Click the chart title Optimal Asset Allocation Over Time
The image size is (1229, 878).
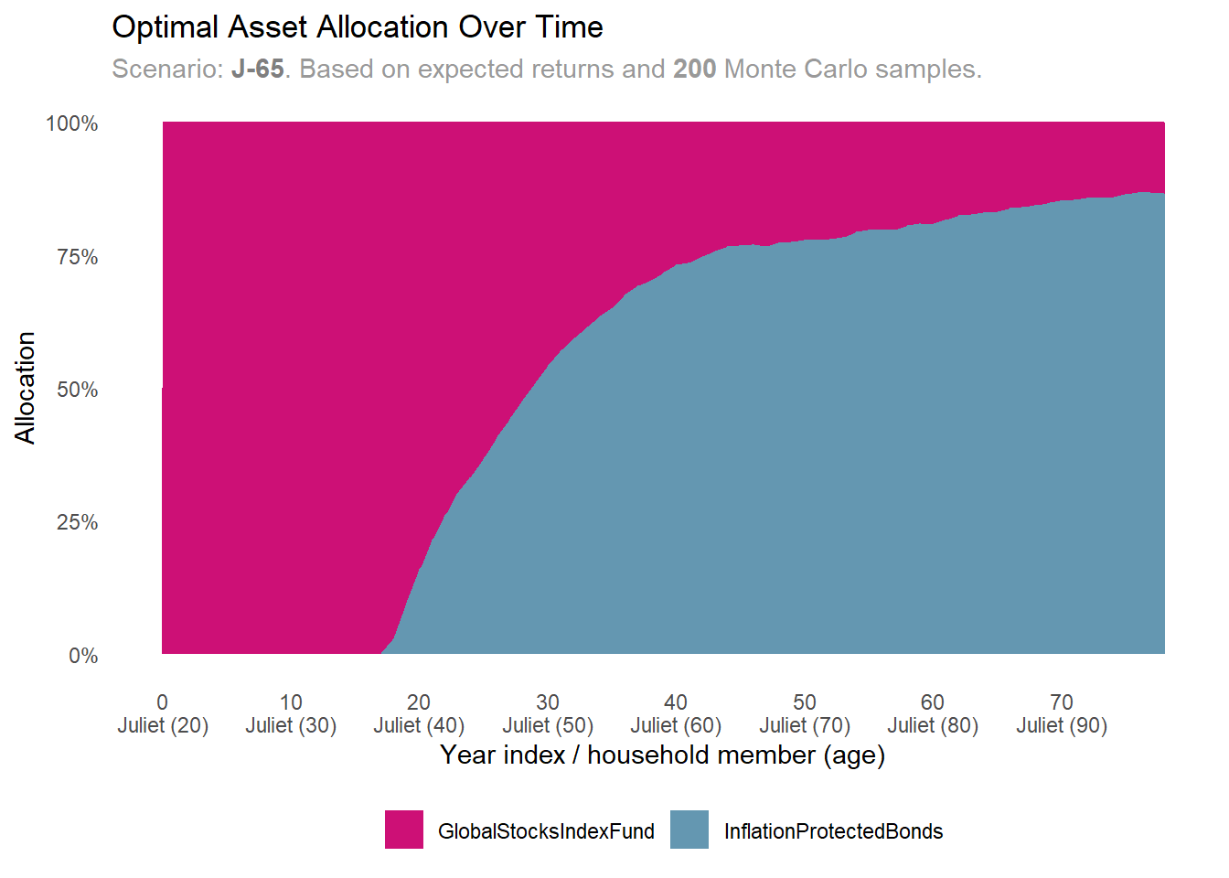(357, 27)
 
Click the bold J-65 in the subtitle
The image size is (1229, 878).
(257, 70)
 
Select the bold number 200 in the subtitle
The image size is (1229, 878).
(694, 70)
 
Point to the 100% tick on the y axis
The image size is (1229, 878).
(72, 123)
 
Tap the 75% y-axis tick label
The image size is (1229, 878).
(77, 257)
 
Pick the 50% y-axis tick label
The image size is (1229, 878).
(77, 390)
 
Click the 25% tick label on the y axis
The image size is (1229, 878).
(77, 522)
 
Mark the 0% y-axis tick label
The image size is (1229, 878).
(83, 656)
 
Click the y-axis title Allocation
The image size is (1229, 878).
(26, 388)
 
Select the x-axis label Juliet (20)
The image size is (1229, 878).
(163, 725)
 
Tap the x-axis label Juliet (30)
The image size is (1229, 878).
(291, 725)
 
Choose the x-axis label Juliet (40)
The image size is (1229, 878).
(419, 725)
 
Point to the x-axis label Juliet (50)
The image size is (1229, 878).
(548, 725)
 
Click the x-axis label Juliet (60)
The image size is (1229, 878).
(676, 725)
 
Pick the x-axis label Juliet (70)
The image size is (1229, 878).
(805, 725)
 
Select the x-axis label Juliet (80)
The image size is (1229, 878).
(933, 725)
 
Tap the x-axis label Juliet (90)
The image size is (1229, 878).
(1062, 725)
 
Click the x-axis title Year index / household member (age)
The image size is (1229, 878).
(662, 755)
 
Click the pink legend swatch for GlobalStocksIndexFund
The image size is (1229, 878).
(404, 830)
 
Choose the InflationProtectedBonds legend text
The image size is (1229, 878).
(833, 831)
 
